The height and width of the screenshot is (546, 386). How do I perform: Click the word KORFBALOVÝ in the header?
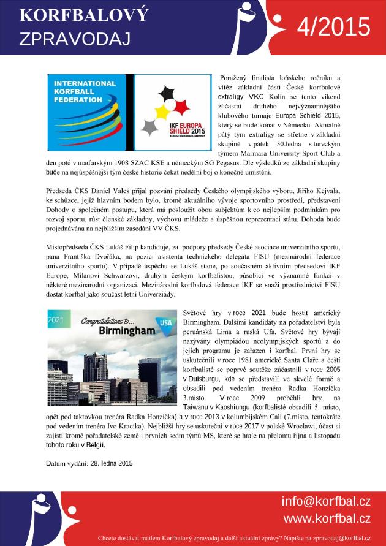[75, 16]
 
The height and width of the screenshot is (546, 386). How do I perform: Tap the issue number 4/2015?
[333, 28]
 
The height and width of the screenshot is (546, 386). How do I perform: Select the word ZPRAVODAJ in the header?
[75, 39]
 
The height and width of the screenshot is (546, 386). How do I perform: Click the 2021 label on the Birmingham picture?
[56, 319]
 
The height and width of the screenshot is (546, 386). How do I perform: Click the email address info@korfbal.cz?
[325, 502]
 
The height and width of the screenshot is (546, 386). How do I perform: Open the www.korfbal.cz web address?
[327, 518]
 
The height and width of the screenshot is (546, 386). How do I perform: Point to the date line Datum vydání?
[89, 463]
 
